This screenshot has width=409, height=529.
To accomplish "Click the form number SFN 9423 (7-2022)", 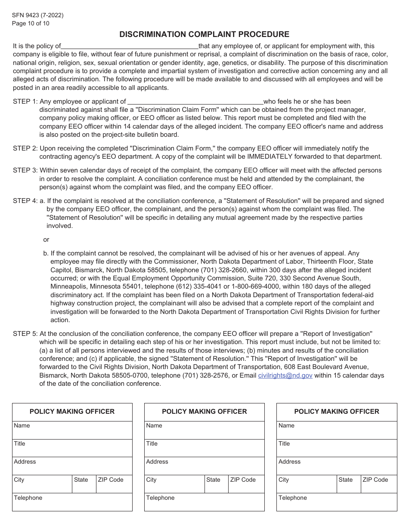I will pos(38,15).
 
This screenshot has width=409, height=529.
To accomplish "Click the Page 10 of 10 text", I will pos(31,24).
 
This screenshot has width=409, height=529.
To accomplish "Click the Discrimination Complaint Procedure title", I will pos(204,34).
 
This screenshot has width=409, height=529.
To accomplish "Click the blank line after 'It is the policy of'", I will pos(130,46).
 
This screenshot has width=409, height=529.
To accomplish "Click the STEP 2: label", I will pos(25,148).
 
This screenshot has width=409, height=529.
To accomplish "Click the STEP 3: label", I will pos(25,170).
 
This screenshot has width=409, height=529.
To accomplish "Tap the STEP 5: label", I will pos(25,334).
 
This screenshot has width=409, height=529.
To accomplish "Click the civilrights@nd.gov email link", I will pos(285,375).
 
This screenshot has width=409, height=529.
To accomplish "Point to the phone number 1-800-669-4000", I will pos(255,287).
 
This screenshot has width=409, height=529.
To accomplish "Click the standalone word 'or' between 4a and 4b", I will pos(46,240).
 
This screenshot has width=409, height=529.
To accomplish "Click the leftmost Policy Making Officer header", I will pos(72,412).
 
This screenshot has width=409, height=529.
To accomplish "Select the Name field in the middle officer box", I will pos(204,430).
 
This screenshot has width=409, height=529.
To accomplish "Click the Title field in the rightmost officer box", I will pos(337,448).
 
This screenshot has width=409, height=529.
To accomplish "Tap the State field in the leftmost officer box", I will pos(84,484).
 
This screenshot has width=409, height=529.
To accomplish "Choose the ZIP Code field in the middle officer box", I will pos(246,484).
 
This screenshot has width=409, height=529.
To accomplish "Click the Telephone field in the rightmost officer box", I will pos(337,502).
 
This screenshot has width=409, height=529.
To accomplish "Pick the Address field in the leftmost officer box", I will pos(72,466).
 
